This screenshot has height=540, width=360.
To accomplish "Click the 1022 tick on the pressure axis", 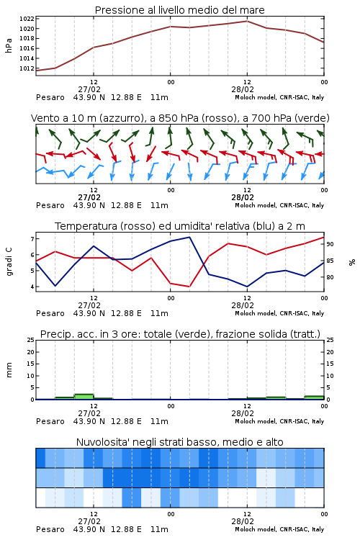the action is [x=27, y=19].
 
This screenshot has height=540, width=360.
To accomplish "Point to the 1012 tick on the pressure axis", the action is [x=27, y=68].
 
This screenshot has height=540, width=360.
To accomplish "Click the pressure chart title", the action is [x=180, y=10].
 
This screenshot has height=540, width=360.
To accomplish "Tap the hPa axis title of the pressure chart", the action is [x=9, y=45].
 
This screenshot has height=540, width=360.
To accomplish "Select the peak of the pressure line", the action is [x=247, y=21].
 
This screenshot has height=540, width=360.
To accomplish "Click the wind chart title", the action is [x=180, y=118].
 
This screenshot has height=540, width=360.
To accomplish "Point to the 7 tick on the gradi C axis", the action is [x=32, y=238].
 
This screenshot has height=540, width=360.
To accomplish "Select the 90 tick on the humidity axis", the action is [x=330, y=244].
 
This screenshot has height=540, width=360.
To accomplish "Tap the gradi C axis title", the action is [x=9, y=262].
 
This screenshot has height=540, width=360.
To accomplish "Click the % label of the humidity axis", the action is [x=352, y=262].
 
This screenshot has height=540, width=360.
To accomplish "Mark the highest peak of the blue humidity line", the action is [x=189, y=237].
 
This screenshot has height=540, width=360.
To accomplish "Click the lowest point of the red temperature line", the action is [x=189, y=287].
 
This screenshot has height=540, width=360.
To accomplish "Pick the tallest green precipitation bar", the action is [x=84, y=397].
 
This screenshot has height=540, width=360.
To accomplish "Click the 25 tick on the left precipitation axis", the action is [x=31, y=340].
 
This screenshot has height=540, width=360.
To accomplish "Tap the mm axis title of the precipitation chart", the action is [x=9, y=370].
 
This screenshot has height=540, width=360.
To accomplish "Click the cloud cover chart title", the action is [x=180, y=442].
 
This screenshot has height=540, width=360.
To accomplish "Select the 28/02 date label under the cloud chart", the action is [x=243, y=521].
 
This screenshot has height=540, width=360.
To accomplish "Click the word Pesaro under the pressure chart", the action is [x=50, y=97].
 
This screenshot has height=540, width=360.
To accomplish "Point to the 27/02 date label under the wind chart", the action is [x=89, y=197].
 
